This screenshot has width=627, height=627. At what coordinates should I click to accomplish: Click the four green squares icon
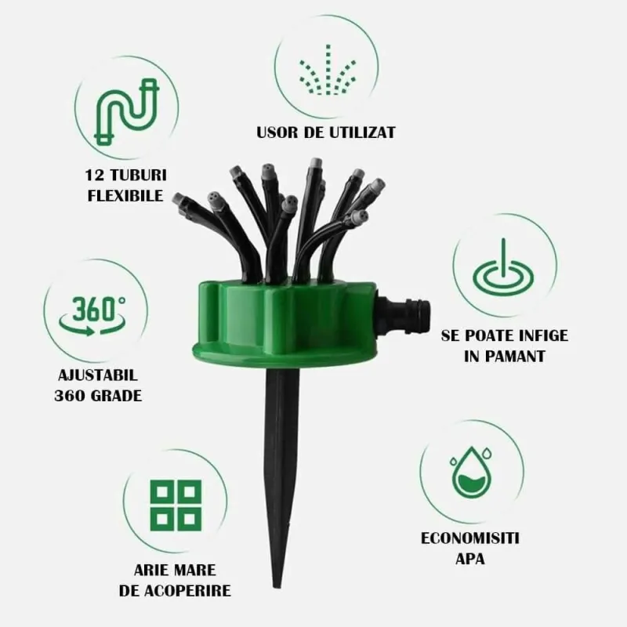(176, 506)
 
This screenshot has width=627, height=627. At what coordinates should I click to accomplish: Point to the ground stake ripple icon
(503, 272)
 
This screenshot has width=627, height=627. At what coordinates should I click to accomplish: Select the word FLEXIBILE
(125, 196)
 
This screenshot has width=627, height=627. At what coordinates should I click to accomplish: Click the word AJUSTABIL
(98, 375)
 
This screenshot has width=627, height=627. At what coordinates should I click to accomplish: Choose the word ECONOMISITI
(469, 538)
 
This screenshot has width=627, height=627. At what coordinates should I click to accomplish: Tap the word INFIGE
(543, 335)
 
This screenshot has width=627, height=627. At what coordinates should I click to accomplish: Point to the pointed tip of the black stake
(278, 587)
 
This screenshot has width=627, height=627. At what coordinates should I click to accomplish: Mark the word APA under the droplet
(470, 559)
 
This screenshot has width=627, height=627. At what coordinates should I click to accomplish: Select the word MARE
(196, 571)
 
